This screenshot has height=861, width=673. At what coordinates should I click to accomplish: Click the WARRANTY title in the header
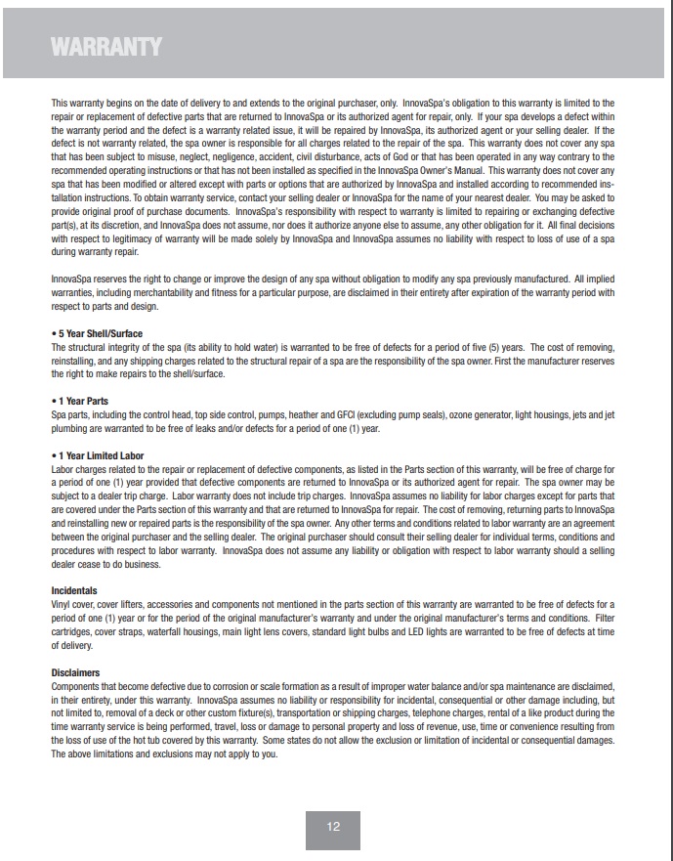pos(106,47)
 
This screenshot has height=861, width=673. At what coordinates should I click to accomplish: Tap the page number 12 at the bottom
pos(333,827)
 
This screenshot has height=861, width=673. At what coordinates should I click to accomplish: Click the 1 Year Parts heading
pos(82,402)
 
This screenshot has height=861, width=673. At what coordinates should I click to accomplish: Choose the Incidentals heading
pos(74,591)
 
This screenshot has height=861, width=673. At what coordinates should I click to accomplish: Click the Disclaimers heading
pos(75,672)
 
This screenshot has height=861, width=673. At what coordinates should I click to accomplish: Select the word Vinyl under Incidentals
pos(62,605)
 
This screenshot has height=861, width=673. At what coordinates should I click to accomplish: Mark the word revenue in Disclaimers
pos(397,727)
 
